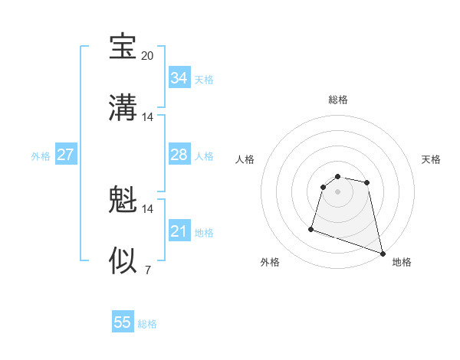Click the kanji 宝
(x=123, y=47)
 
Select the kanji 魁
(x=123, y=200)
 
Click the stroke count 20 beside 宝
(x=148, y=56)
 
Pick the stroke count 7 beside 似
(x=148, y=270)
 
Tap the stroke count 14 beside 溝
(x=148, y=117)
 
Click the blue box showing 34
(x=179, y=78)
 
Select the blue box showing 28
(x=179, y=155)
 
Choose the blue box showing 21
(x=179, y=231)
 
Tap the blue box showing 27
(x=66, y=155)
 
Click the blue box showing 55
(x=123, y=322)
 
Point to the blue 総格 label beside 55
(x=148, y=324)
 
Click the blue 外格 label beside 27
(x=41, y=156)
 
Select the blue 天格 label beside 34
(x=204, y=80)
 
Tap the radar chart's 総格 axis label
(x=338, y=100)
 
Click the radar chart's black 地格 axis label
(x=402, y=262)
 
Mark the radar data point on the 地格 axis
(x=382, y=253)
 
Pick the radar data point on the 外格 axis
(x=311, y=228)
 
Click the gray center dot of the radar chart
(x=338, y=191)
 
